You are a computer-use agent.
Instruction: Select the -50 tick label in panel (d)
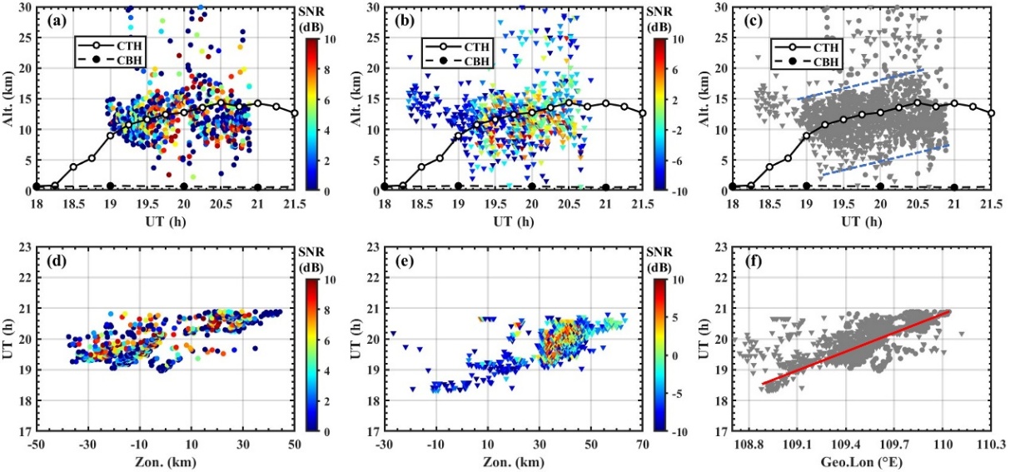36,445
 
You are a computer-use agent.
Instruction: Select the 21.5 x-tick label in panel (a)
295,202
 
